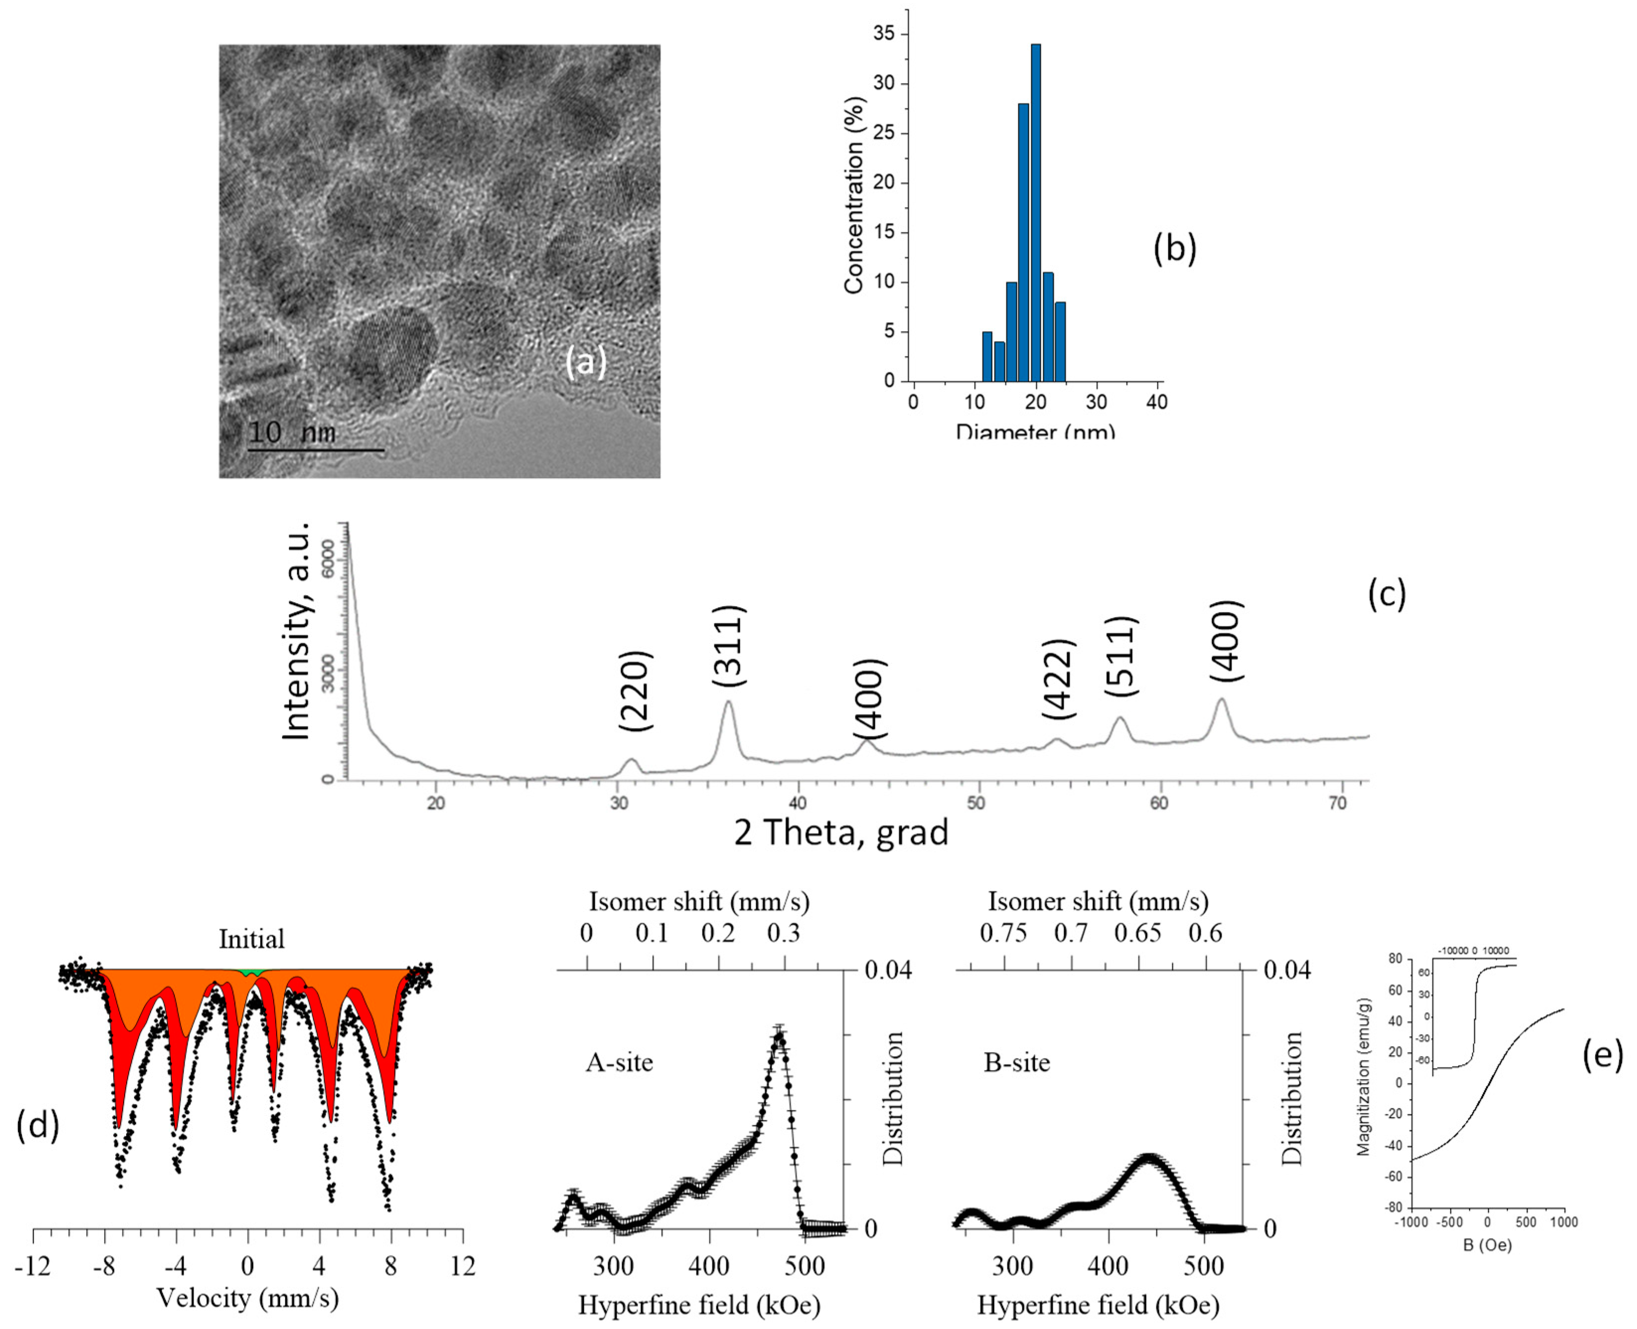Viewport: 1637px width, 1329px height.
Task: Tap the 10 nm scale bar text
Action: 292,432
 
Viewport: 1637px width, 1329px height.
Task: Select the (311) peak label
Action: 728,646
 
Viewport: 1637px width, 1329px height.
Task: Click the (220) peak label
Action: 635,691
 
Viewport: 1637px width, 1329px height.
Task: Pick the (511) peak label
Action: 1121,656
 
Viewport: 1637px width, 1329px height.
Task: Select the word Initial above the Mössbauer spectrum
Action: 251,939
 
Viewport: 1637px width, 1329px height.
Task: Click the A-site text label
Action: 619,1062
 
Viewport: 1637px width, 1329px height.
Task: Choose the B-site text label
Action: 1016,1062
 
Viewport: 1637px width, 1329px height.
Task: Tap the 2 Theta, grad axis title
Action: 841,832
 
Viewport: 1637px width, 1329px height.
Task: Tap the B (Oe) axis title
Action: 1486,1245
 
